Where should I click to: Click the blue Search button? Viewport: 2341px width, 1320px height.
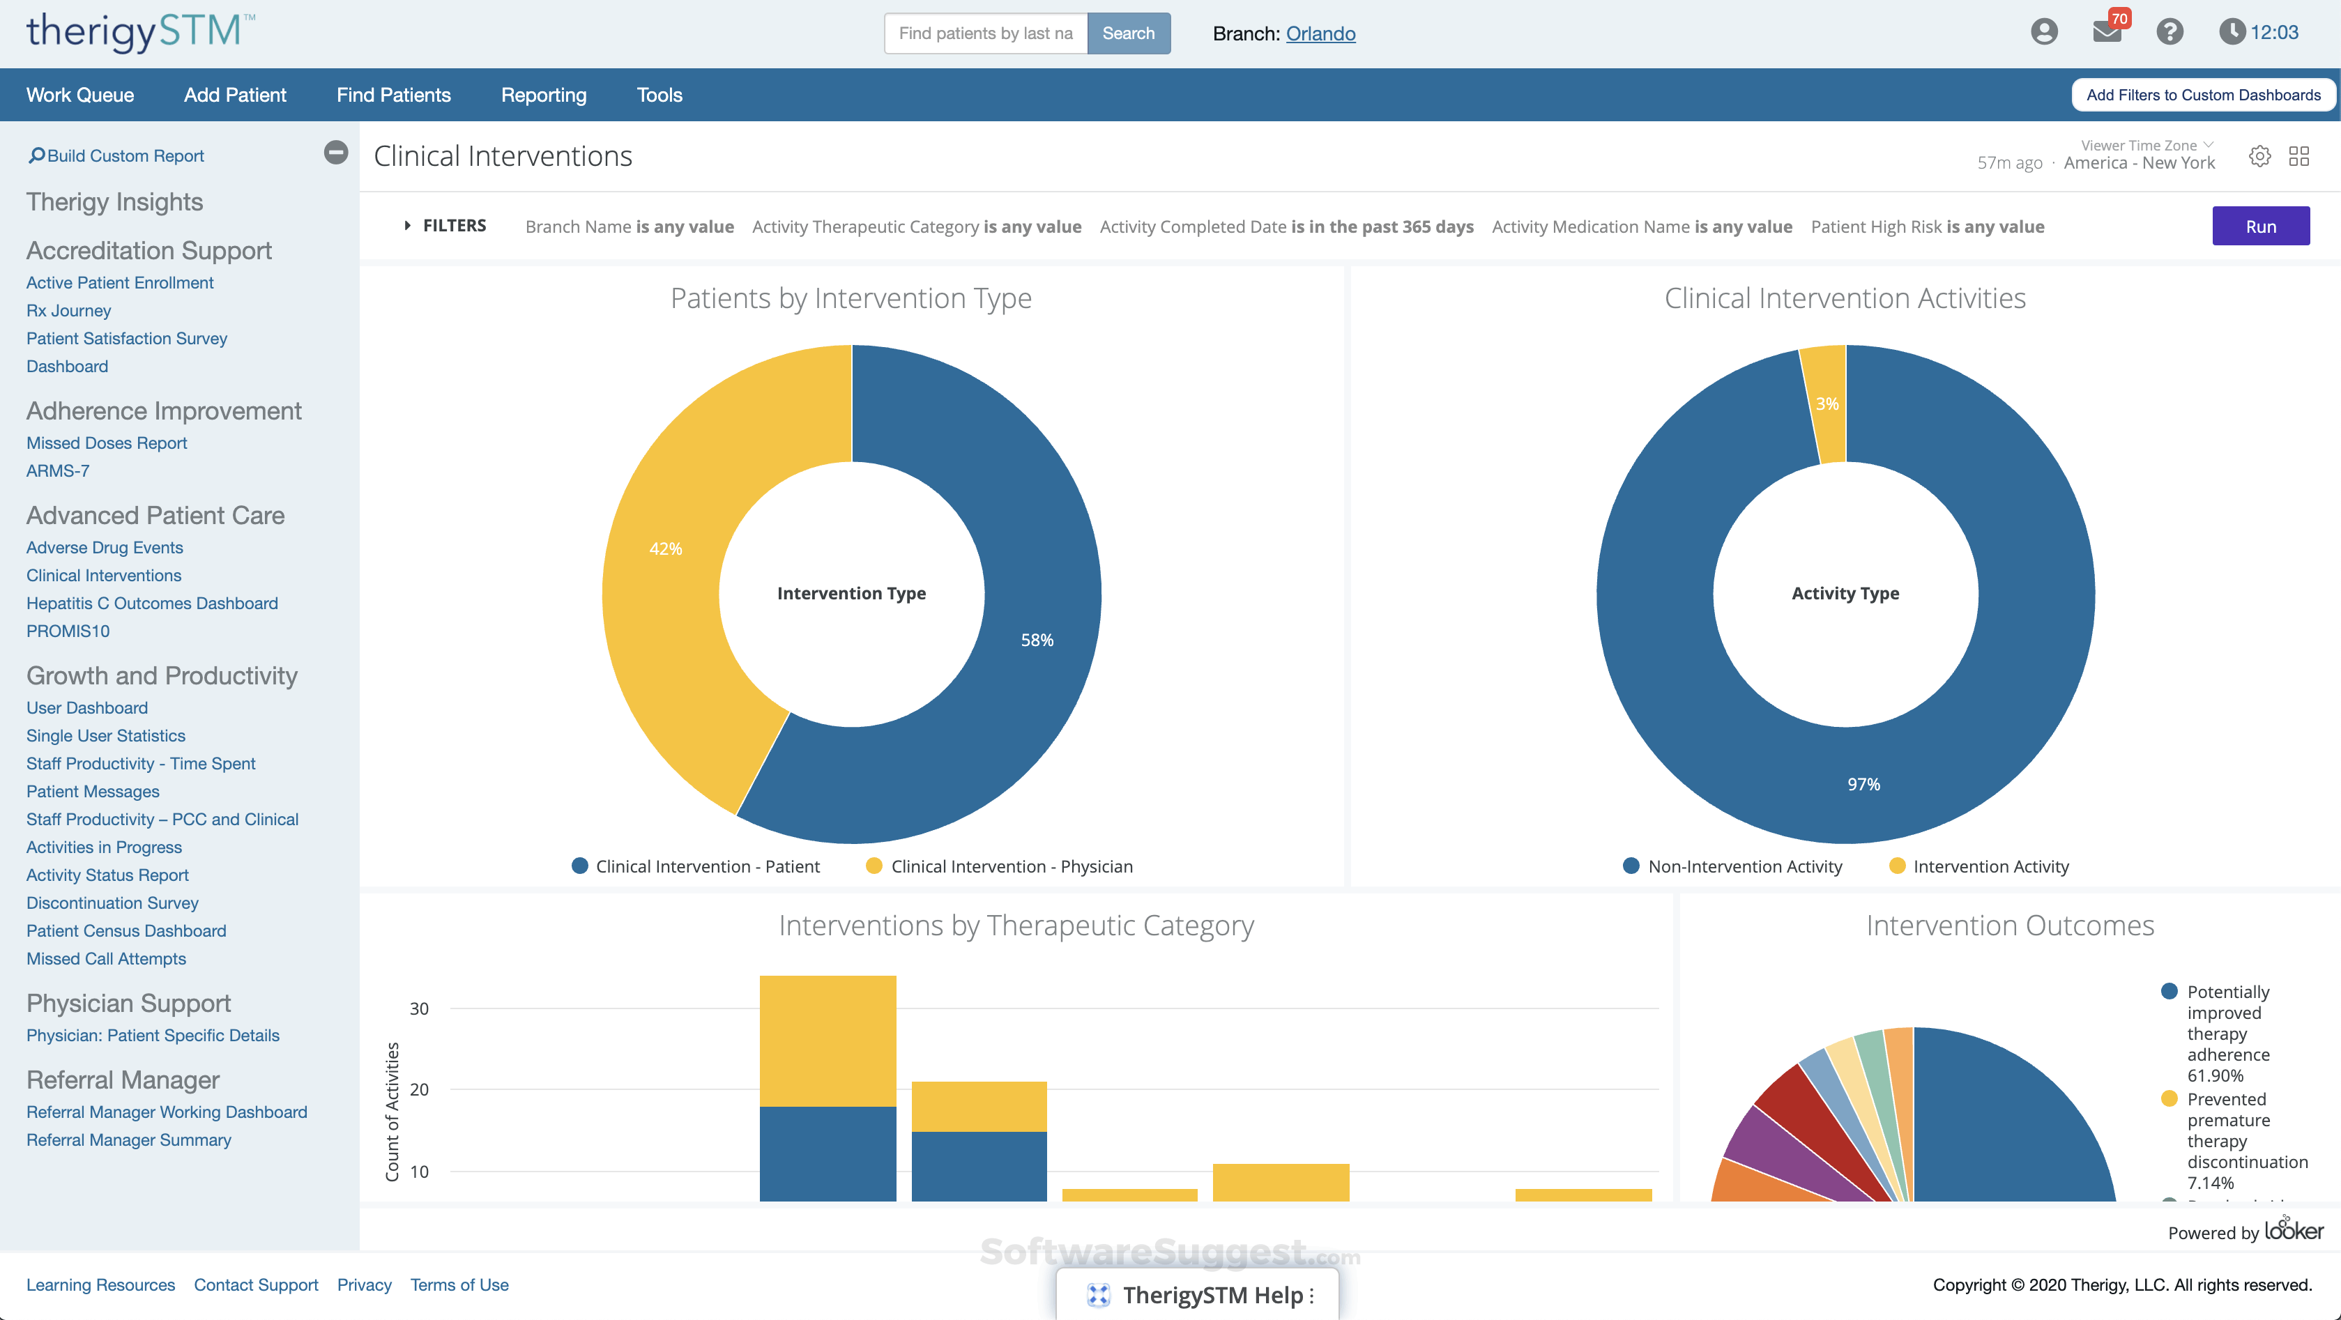pyautogui.click(x=1128, y=33)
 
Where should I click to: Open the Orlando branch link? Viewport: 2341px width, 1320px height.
pyautogui.click(x=1320, y=33)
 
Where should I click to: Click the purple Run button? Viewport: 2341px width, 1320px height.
pyautogui.click(x=2260, y=227)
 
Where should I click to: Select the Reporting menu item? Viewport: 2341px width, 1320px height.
pyautogui.click(x=544, y=95)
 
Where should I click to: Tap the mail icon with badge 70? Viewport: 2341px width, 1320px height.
pyautogui.click(x=2107, y=32)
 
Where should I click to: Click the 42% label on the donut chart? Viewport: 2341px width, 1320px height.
pyautogui.click(x=665, y=548)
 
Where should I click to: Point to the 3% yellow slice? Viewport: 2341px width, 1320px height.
pyautogui.click(x=1826, y=404)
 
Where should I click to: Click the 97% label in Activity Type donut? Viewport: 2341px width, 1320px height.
pyautogui.click(x=1863, y=784)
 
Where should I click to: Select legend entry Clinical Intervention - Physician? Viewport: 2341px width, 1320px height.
pyautogui.click(x=1011, y=867)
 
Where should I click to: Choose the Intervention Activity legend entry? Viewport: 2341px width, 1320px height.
pyautogui.click(x=1990, y=867)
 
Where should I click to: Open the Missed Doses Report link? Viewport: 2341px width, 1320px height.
pyautogui.click(x=107, y=443)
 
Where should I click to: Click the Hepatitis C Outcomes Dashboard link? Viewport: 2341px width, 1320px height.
pyautogui.click(x=152, y=604)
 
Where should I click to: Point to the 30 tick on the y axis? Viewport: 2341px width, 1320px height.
pyautogui.click(x=419, y=1008)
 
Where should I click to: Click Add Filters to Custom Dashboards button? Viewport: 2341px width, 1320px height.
pyautogui.click(x=2203, y=95)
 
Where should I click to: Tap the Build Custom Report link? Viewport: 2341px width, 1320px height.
pyautogui.click(x=125, y=156)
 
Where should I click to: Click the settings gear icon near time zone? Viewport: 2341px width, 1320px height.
pyautogui.click(x=2259, y=156)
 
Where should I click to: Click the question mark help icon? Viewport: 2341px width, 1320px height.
pyautogui.click(x=2170, y=32)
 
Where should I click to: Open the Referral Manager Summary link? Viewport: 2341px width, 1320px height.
pyautogui.click(x=128, y=1140)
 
